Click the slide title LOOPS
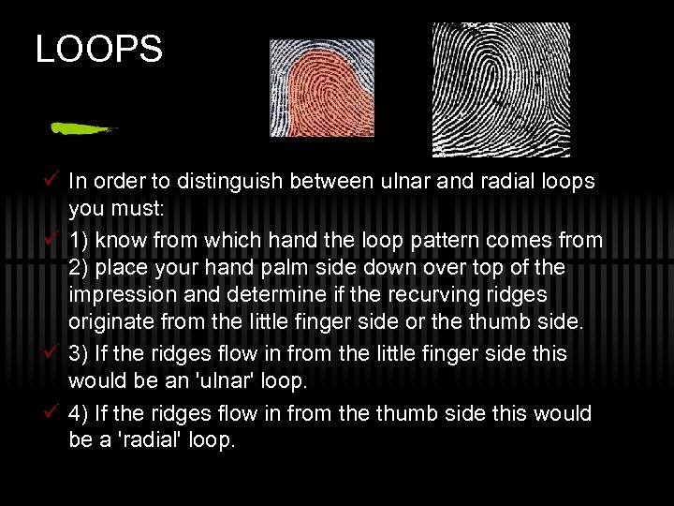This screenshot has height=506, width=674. pyautogui.click(x=98, y=49)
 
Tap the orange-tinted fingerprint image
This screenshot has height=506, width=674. pyautogui.click(x=321, y=89)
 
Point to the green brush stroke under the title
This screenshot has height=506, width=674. pyautogui.click(x=82, y=128)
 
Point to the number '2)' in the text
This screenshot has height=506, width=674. pyautogui.click(x=79, y=268)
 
